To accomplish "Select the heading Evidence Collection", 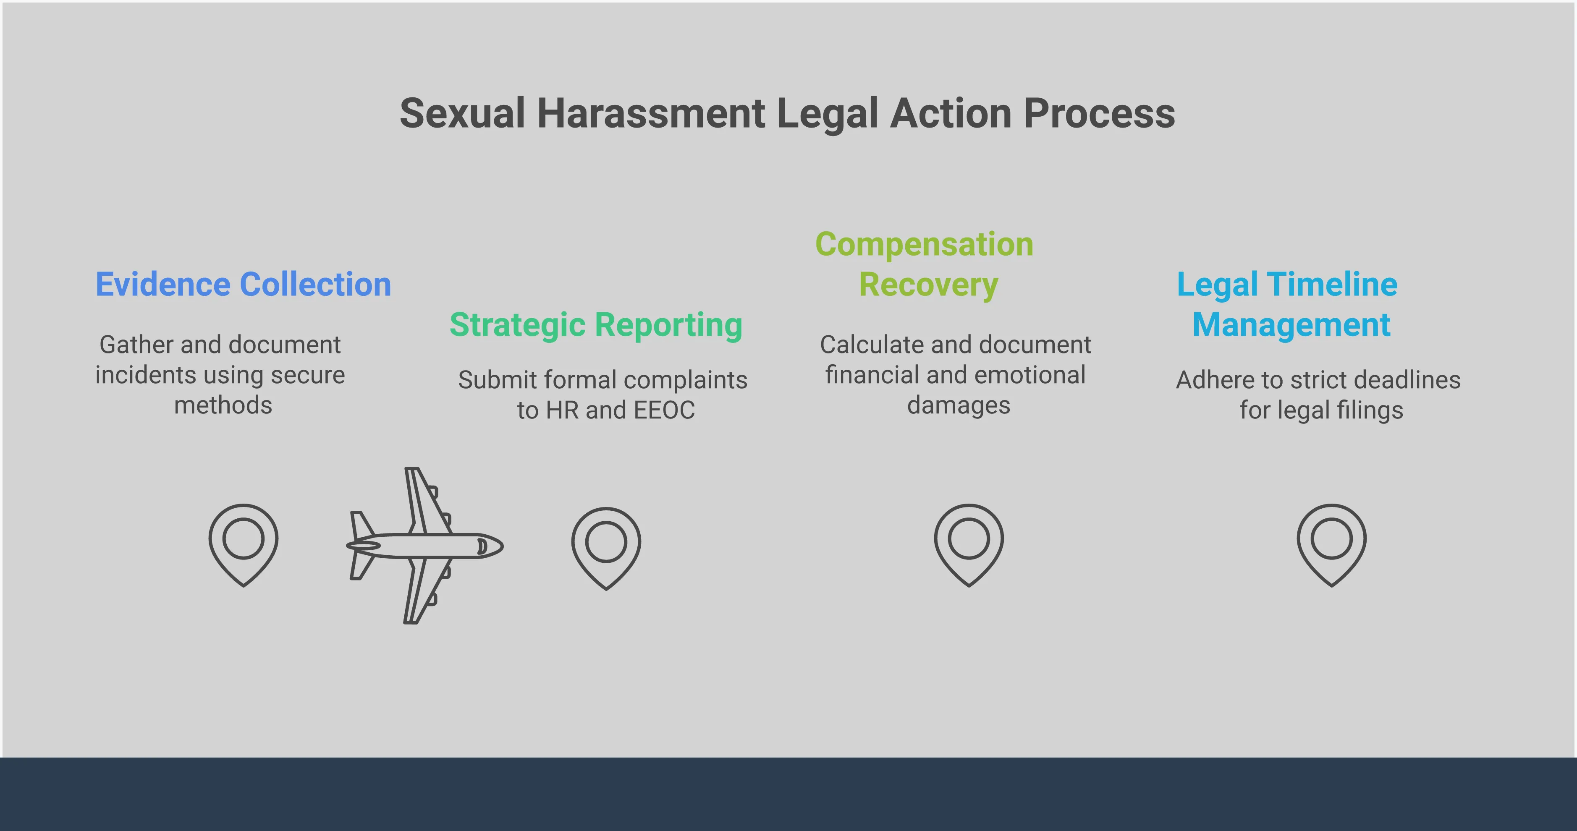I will point(243,285).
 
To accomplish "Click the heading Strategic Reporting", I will point(596,325).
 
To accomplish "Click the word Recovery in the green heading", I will point(928,285).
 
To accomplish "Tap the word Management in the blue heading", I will point(1291,325).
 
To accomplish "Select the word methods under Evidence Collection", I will point(223,405).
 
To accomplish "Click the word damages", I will point(958,405).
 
